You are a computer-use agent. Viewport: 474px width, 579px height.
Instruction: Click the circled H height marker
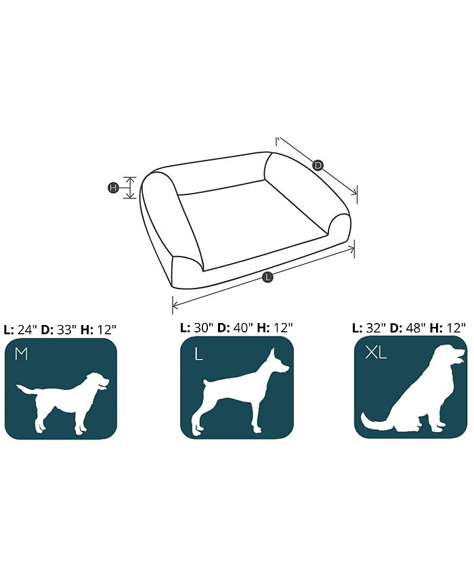(x=113, y=188)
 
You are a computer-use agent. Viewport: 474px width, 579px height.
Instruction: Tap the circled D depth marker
(x=318, y=165)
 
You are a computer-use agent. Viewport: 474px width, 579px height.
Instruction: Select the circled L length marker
(x=267, y=276)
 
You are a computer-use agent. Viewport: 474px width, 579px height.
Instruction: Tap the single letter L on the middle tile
(x=198, y=355)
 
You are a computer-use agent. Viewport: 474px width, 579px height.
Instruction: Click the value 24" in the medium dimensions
(x=28, y=329)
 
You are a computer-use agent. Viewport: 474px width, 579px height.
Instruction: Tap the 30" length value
(x=203, y=328)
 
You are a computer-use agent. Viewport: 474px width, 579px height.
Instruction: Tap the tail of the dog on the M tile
(x=26, y=389)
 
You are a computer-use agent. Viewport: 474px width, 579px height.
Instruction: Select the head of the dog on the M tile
(x=98, y=381)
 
